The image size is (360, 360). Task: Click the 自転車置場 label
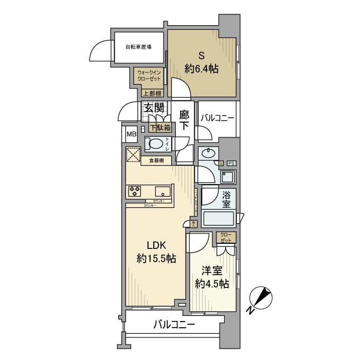coord(138,47)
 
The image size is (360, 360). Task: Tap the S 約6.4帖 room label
coord(201,62)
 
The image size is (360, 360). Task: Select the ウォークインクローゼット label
coord(149,76)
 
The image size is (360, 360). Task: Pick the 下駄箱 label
coord(160,128)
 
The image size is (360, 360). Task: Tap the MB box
coord(132,134)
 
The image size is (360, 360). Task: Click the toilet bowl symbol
coord(156,142)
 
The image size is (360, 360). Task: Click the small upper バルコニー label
coord(217,118)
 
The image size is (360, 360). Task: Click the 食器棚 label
coord(156,161)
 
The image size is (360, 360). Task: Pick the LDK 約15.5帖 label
coord(156,251)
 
